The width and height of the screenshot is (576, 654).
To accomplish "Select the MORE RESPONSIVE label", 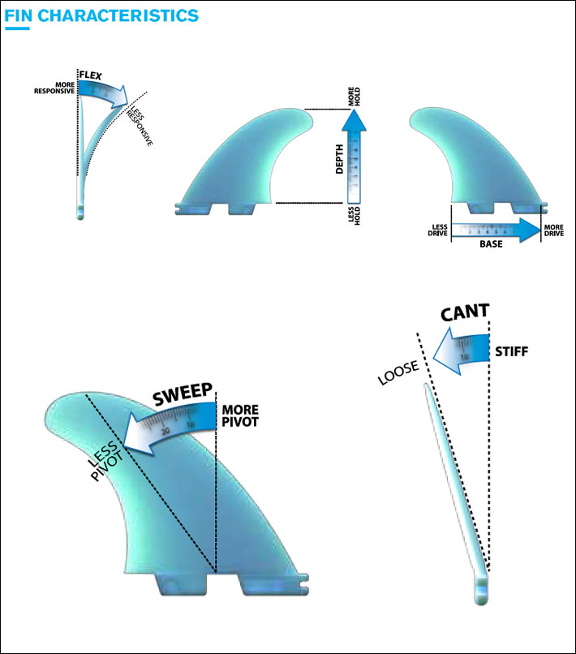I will point(54,88).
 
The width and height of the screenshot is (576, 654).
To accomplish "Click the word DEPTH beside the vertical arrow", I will point(339,161).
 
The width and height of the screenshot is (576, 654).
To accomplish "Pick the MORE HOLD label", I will point(352,97).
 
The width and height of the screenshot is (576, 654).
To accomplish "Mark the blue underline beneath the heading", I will point(17,28).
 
